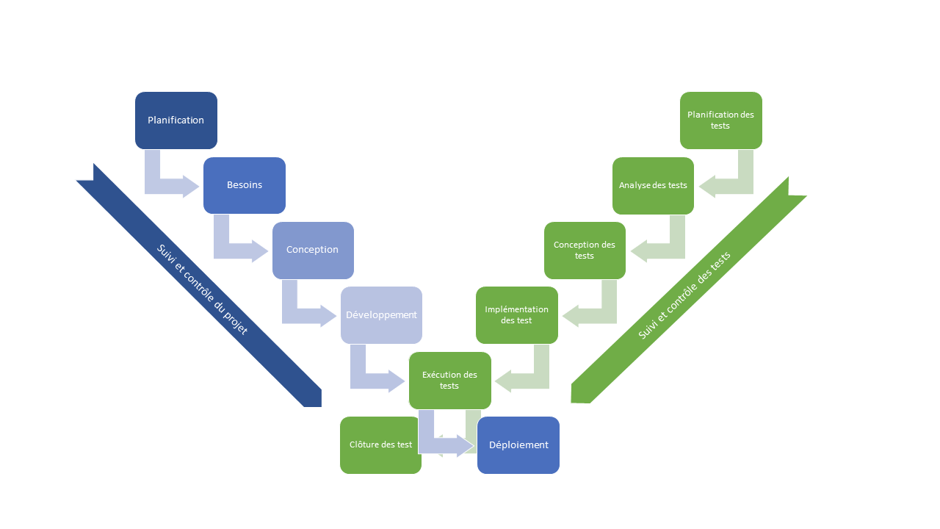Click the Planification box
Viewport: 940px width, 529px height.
pos(176,120)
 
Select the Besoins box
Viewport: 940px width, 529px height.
pos(245,185)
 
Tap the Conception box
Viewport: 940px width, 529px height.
pos(313,250)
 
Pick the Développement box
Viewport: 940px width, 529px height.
pos(381,314)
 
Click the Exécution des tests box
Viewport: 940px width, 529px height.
pos(449,380)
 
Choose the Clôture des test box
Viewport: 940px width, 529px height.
pos(380,445)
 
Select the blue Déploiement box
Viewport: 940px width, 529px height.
pos(518,445)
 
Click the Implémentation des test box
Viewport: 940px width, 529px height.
pos(517,314)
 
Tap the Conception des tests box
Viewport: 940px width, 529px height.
pos(585,250)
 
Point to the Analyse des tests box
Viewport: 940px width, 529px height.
pos(653,185)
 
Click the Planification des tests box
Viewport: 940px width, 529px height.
pos(720,120)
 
